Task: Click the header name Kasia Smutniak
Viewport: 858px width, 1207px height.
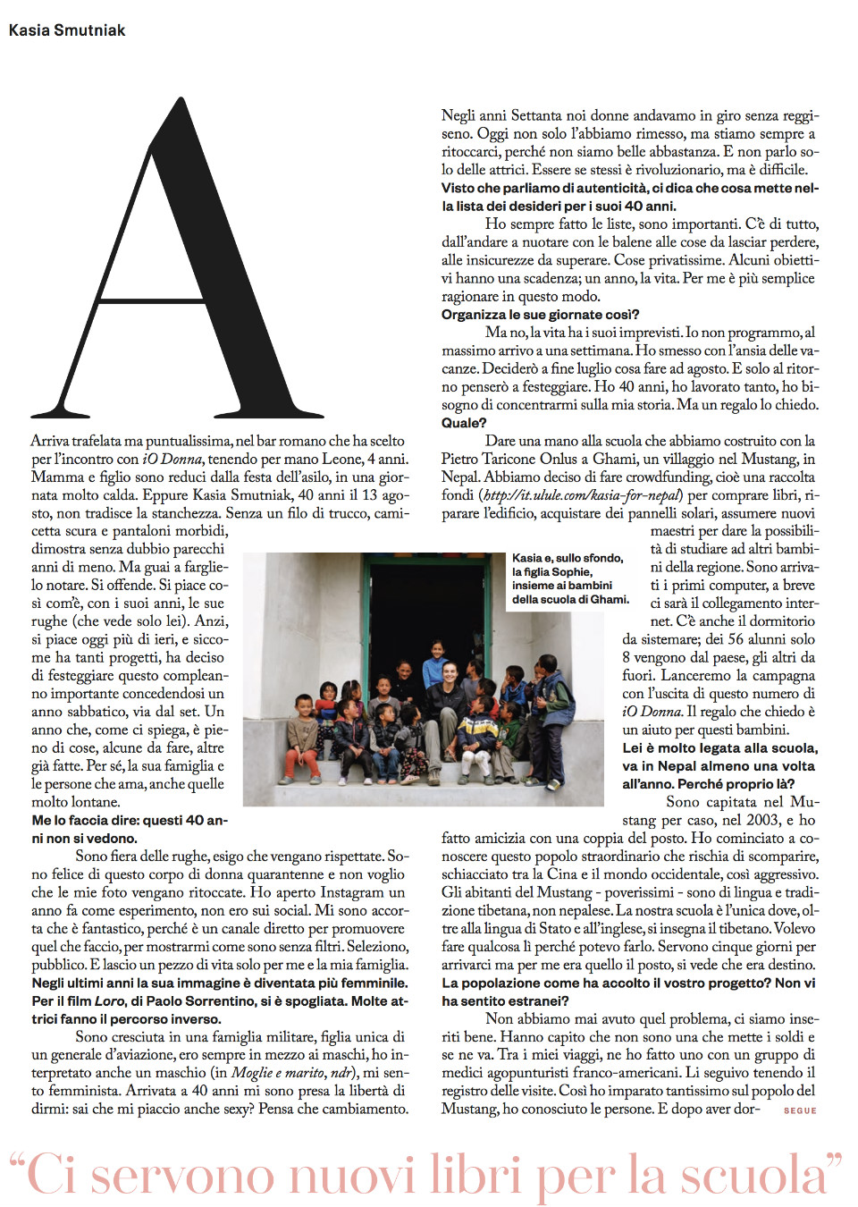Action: pyautogui.click(x=67, y=30)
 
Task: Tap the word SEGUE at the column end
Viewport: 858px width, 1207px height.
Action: pyautogui.click(x=800, y=1110)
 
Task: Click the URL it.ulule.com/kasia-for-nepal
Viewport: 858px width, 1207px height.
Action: pyautogui.click(x=582, y=495)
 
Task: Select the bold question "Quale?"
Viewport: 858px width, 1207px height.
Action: pyautogui.click(x=464, y=423)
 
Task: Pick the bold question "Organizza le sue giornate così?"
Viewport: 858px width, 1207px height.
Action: pyautogui.click(x=540, y=315)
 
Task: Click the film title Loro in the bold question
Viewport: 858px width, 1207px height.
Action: pyautogui.click(x=110, y=1000)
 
